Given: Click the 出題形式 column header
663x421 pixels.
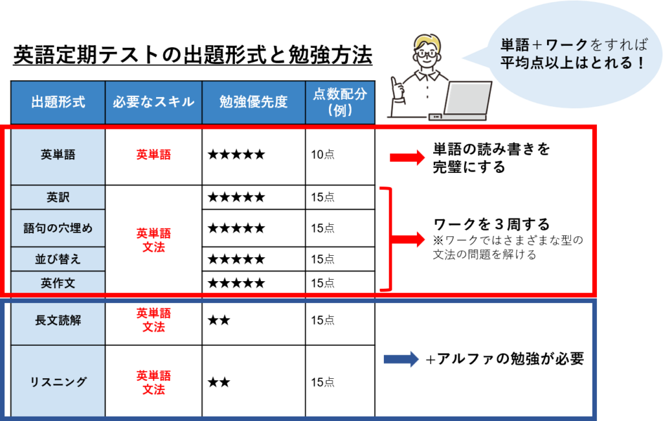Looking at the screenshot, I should tap(58, 102).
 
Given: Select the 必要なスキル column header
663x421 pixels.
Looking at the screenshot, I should tap(153, 102).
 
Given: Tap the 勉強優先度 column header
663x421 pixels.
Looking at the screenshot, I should tap(253, 102).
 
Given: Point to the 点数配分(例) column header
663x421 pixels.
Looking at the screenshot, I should tap(340, 102).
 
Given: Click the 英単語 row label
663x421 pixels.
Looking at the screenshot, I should tap(58, 155).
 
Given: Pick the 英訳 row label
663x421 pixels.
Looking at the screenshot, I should tap(58, 197).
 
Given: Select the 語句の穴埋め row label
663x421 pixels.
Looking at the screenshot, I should tap(58, 228).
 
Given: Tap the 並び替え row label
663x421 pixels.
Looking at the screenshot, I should tap(58, 259).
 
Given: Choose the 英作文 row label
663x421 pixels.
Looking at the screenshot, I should tap(58, 282).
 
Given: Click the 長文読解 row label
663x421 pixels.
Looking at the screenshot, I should tap(58, 321).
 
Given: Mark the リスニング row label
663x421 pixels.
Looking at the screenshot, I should tap(58, 381).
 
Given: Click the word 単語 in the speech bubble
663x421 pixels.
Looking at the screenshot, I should tap(515, 45).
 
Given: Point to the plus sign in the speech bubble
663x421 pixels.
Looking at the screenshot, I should tap(537, 45).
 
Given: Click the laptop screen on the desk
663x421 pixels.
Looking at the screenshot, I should tap(467, 99).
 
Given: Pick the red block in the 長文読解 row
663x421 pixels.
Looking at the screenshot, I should tap(168, 320).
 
